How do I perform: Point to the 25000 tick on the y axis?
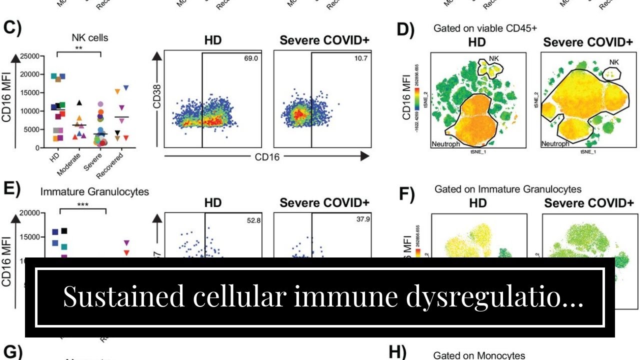28,56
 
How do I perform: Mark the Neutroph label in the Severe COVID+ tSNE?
555,144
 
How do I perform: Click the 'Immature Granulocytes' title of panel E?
94,191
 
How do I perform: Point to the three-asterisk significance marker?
83,205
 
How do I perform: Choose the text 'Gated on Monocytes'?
479,355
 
